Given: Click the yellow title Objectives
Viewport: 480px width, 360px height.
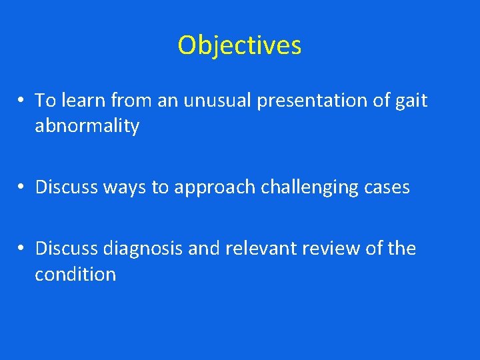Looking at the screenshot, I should [x=239, y=45].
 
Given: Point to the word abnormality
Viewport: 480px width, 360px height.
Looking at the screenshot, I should [x=87, y=127].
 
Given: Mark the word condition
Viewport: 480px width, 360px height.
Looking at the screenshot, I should [x=75, y=275].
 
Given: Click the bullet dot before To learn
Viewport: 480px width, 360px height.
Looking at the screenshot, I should [x=22, y=101].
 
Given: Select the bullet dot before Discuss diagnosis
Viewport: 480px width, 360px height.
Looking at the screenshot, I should [x=22, y=249].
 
